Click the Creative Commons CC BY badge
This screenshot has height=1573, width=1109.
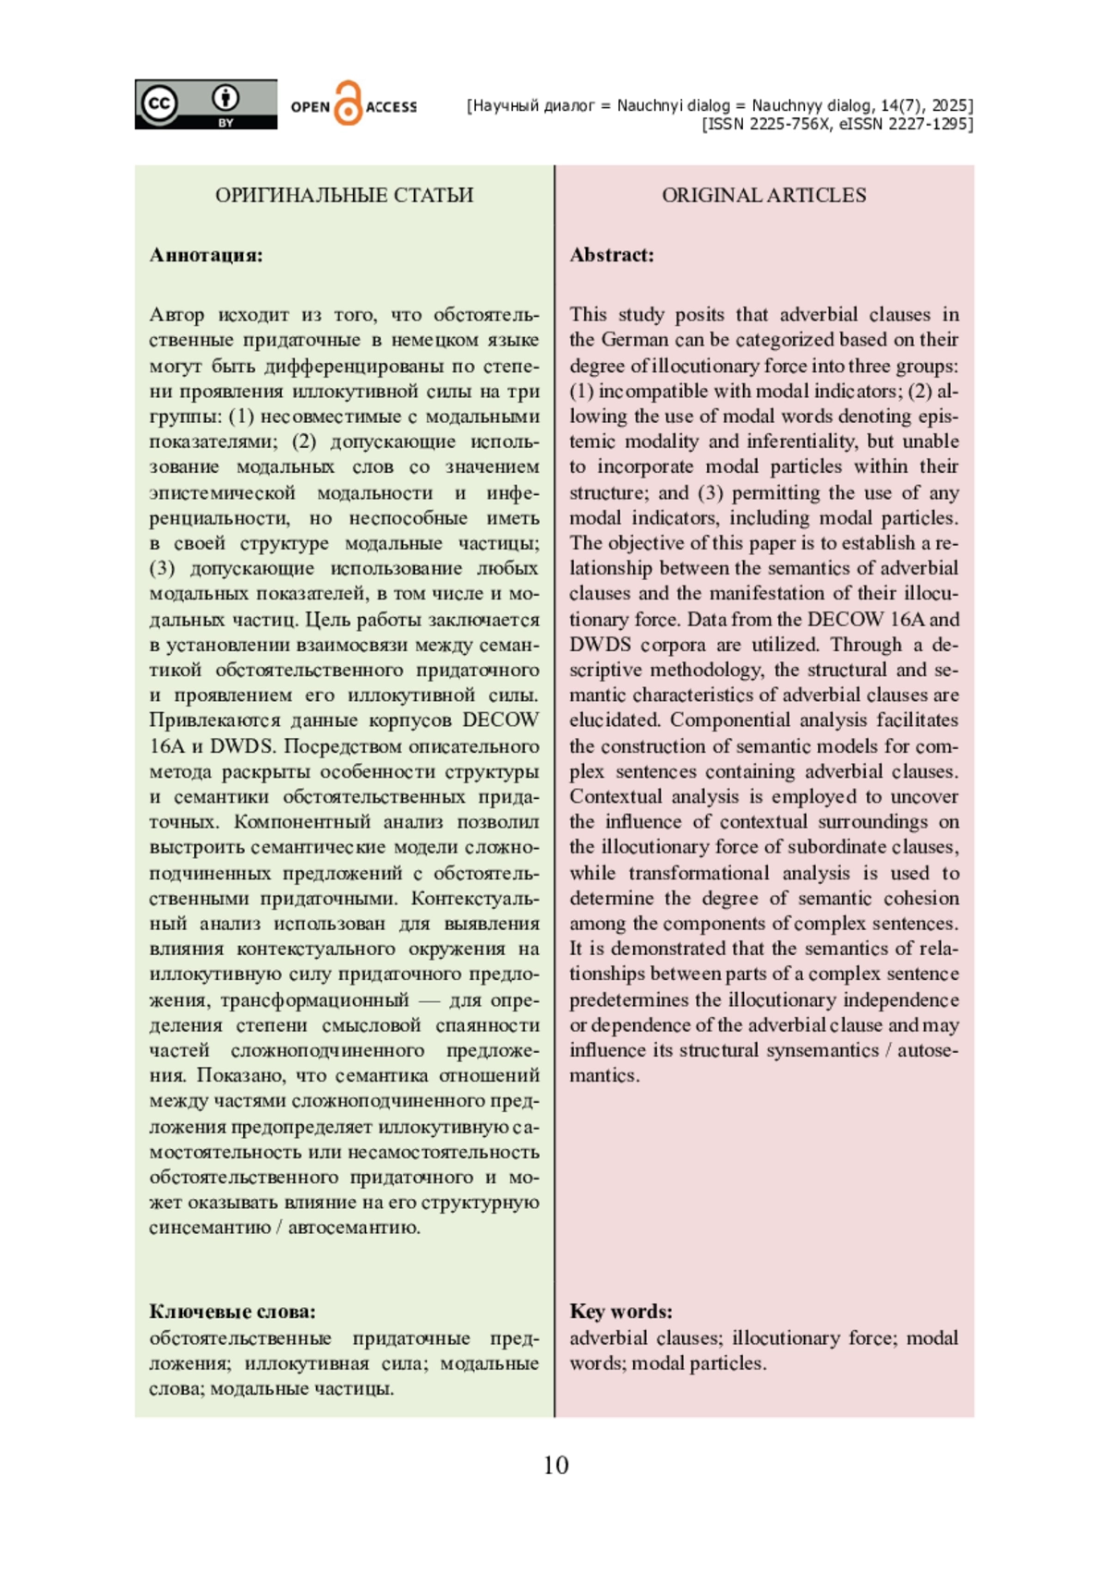[205, 104]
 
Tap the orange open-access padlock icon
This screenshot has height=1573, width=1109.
[347, 104]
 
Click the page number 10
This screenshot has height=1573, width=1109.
[555, 1465]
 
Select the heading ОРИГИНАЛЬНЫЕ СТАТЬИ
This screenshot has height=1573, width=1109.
[344, 195]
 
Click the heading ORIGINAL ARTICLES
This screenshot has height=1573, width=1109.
[763, 195]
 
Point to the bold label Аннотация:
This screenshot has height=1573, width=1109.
[206, 255]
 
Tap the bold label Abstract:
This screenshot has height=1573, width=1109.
[612, 255]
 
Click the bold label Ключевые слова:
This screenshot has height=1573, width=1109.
[232, 1312]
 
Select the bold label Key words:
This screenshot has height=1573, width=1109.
[621, 1312]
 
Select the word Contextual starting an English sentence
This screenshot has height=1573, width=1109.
[609, 796]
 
